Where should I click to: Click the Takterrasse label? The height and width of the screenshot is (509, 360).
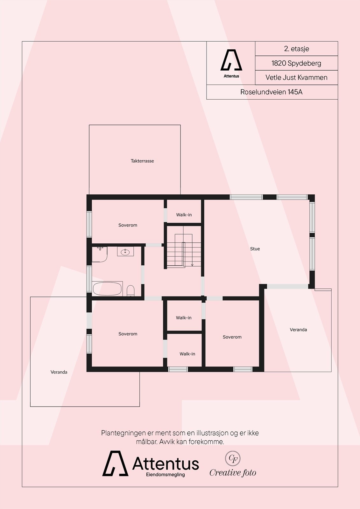142,161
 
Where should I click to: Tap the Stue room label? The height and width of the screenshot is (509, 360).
255,249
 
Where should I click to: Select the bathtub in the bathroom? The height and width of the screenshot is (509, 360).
107,289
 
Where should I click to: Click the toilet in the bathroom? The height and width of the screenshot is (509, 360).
131,290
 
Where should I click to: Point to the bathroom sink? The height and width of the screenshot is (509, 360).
125,252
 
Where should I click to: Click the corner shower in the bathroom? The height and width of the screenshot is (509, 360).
99,254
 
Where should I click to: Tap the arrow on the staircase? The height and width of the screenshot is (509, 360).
192,264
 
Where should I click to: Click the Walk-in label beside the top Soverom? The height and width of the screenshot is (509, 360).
184,215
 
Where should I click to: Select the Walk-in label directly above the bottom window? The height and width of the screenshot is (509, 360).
187,354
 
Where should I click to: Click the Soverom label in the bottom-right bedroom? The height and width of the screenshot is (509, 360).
232,337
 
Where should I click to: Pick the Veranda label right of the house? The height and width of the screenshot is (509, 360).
298,330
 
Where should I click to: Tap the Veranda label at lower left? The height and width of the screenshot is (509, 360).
59,372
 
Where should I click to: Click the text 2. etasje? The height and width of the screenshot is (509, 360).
296,49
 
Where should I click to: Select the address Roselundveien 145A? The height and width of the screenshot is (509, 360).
271,92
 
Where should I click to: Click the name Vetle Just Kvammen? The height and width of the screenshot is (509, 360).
296,77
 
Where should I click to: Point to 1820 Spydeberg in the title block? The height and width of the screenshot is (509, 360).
296,63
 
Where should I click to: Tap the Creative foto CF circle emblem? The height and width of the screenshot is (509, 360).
233,458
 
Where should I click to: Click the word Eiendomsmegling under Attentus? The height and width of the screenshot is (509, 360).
165,475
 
